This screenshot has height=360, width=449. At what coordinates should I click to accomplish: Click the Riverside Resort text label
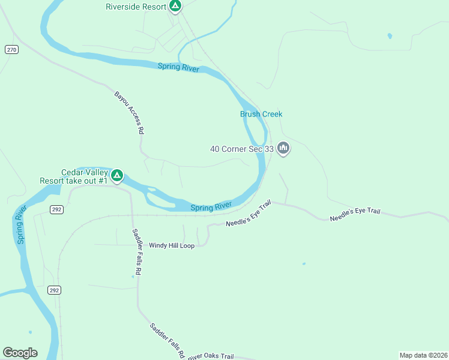click(136, 7)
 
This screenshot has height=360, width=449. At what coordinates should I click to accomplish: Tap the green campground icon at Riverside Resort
click(175, 7)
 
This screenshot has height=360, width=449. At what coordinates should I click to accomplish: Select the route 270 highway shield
click(11, 49)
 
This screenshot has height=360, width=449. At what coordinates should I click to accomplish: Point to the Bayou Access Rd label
click(130, 112)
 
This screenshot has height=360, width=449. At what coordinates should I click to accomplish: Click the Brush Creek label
click(261, 114)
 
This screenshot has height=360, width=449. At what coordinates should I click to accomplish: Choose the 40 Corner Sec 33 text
click(242, 148)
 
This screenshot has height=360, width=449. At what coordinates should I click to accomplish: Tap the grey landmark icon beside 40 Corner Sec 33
click(283, 148)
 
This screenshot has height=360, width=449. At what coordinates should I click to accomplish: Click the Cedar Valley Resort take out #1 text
click(73, 176)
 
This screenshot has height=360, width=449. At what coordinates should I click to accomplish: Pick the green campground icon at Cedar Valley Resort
click(118, 176)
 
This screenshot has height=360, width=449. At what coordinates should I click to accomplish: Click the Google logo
click(20, 353)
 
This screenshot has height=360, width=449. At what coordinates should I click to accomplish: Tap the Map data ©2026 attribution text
click(423, 355)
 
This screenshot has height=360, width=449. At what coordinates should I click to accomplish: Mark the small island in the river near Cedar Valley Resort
click(153, 192)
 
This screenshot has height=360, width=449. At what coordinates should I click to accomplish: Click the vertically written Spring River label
click(22, 224)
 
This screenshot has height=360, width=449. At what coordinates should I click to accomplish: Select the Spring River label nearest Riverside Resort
click(178, 68)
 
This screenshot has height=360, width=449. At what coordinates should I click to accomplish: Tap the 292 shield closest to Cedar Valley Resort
click(56, 209)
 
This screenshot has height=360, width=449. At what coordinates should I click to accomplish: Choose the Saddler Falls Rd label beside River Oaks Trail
click(167, 341)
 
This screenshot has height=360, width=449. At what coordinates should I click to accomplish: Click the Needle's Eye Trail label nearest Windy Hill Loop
click(249, 214)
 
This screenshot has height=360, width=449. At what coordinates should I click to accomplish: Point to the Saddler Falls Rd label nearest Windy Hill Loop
click(137, 251)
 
